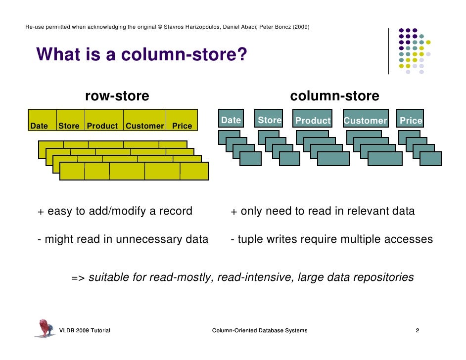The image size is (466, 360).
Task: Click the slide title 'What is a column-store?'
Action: coord(141,55)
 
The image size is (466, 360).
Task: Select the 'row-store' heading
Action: coord(117,96)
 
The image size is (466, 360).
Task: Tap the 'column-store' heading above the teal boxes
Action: coord(334,96)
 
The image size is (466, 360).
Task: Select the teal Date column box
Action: coord(231,120)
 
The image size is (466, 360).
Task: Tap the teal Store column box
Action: coord(270,120)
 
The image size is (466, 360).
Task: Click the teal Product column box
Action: coord(313,120)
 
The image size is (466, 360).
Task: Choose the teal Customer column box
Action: coord(365,120)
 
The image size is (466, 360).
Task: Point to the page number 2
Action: coord(418,330)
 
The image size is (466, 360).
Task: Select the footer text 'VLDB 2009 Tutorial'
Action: coord(85,330)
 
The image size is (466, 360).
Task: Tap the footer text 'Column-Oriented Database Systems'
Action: coord(259,330)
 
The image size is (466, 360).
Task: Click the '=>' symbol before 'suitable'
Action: coord(78,278)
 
